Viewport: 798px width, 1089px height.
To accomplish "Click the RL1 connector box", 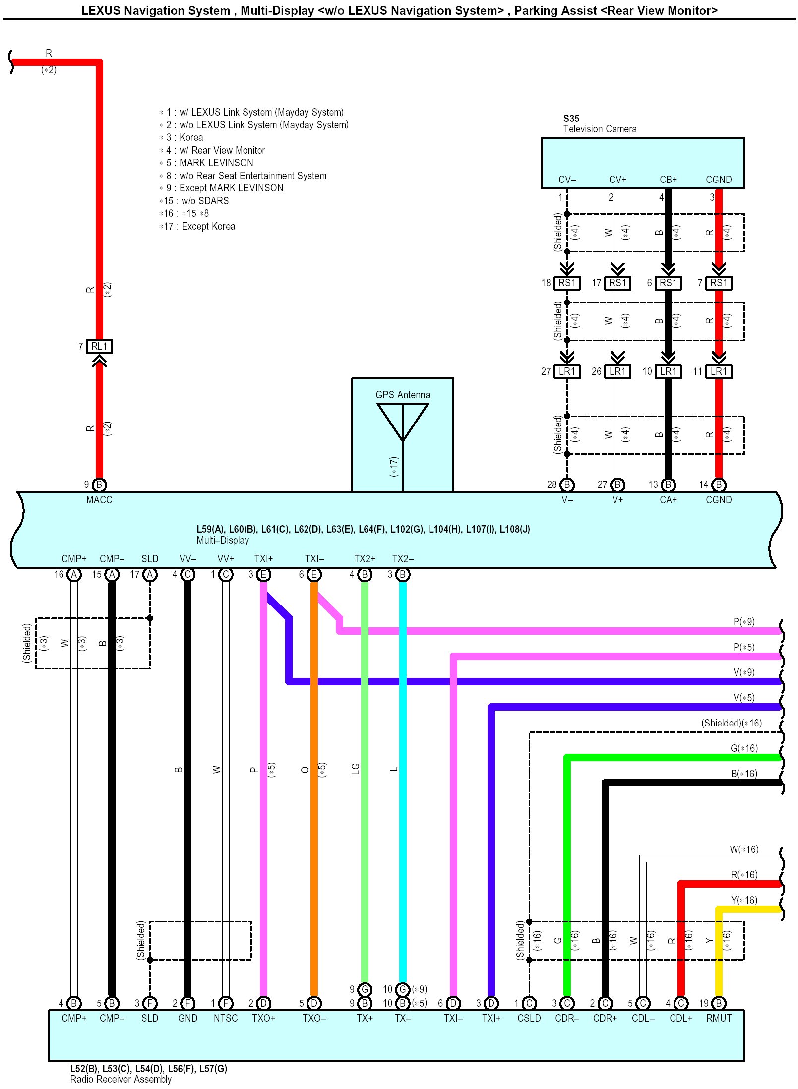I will pyautogui.click(x=99, y=346).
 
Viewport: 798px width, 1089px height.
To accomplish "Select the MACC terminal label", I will pyautogui.click(x=99, y=500).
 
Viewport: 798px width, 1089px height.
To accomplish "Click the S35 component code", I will pyautogui.click(x=571, y=119).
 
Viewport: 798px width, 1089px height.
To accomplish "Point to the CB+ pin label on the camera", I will pyautogui.click(x=668, y=180).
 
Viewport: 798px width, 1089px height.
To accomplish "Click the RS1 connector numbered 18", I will pyautogui.click(x=567, y=283).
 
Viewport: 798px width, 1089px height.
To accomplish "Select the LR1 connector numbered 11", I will pyautogui.click(x=718, y=371).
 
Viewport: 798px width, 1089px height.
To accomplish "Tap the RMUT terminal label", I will pyautogui.click(x=718, y=1018).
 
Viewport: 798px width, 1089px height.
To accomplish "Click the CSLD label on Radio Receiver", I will pyautogui.click(x=529, y=1018).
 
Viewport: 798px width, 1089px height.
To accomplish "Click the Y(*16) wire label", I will pyautogui.click(x=744, y=900).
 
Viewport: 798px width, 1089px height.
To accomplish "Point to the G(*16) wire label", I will pyautogui.click(x=744, y=748).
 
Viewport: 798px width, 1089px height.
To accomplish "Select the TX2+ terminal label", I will pyautogui.click(x=365, y=559).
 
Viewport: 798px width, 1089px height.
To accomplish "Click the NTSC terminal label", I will pyautogui.click(x=226, y=1018).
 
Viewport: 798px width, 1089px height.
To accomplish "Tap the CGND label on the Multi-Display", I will pyautogui.click(x=718, y=500).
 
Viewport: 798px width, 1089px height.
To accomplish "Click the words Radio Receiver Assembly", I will pyautogui.click(x=121, y=1079).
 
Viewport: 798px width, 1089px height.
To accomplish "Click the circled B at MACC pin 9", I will pyautogui.click(x=99, y=484).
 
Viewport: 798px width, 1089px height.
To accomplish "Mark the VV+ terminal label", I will pyautogui.click(x=226, y=559).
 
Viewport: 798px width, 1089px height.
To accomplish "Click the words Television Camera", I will pyautogui.click(x=600, y=129).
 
